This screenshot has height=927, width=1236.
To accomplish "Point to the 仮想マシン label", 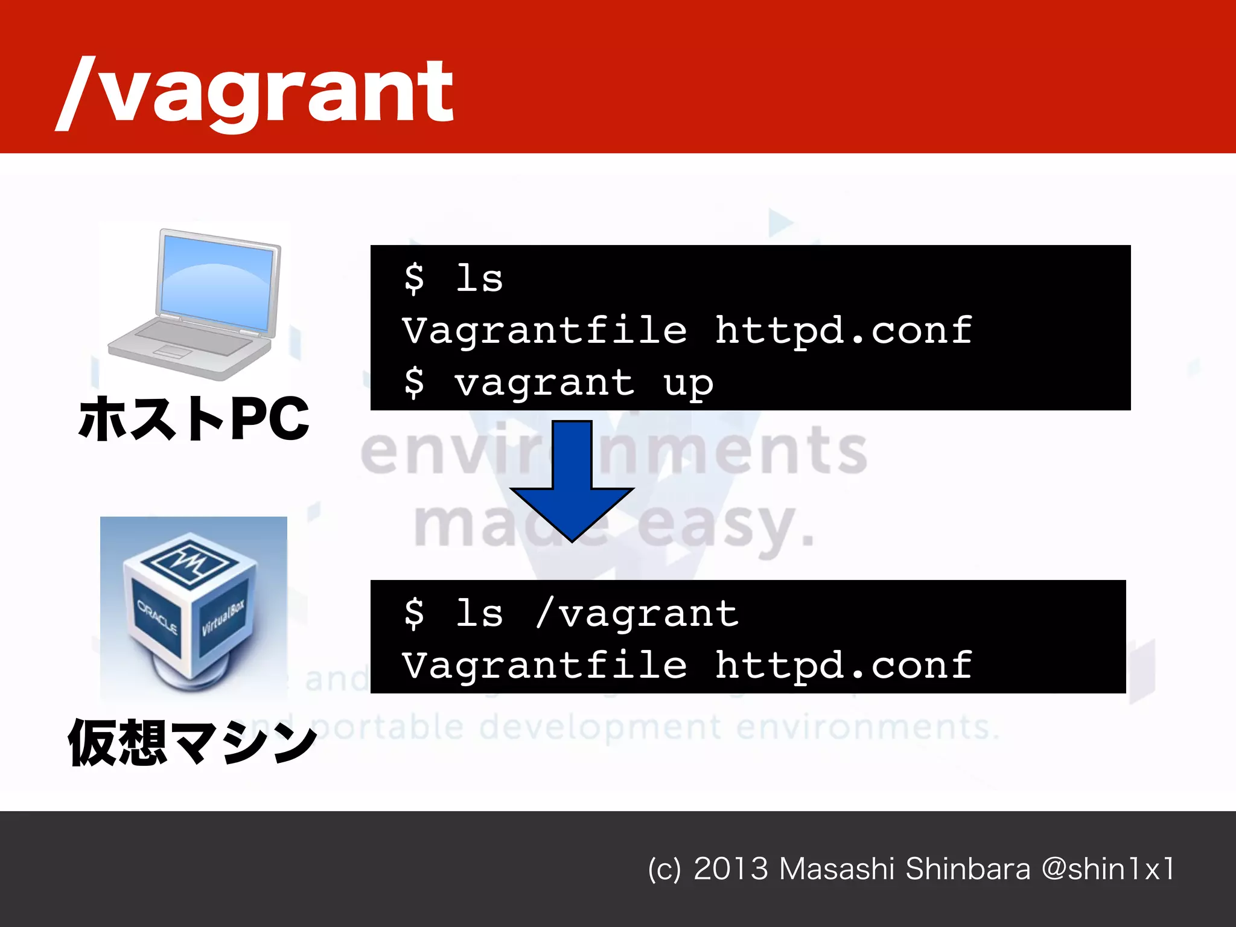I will point(192,743).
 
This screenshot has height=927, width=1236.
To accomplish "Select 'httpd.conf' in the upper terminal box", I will point(843,331).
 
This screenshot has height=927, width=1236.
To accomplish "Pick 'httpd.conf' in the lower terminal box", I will point(843,666).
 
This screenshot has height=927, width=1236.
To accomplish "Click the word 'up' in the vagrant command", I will point(688,384).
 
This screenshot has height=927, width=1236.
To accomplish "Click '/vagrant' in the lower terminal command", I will point(637,614).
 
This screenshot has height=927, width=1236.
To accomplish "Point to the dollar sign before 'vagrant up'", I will point(414,383).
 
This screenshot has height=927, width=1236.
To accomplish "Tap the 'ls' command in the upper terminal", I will point(479,279).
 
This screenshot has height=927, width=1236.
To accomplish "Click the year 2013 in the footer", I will point(731,869).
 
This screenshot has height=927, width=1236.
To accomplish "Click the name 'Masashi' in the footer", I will point(836,869).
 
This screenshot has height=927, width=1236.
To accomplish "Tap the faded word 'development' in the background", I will point(600,727).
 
